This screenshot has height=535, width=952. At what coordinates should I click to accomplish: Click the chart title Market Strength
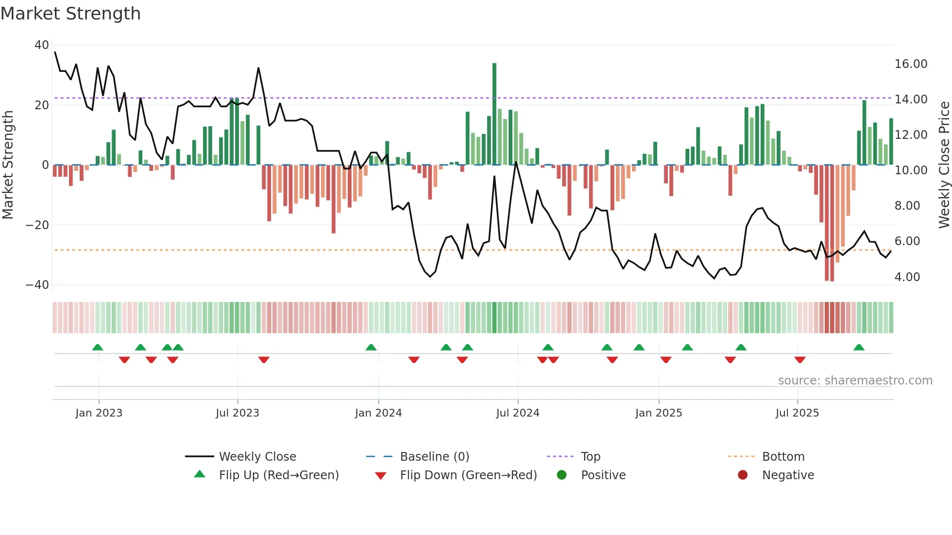pos(70,14)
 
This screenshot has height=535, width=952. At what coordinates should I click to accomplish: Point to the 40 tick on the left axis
pos(42,45)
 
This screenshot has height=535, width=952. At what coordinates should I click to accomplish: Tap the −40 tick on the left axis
pos(37,285)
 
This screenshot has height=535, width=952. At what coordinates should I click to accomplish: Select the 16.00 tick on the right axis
pos(911,64)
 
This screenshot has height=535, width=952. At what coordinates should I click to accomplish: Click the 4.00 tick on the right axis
pos(907,277)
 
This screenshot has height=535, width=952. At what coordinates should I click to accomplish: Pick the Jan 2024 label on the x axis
pos(378,413)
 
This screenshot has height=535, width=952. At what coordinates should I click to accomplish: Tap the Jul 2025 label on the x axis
pos(797,413)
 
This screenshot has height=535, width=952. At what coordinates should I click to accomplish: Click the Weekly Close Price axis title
pos(944,165)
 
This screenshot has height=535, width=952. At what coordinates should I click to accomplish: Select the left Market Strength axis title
pos(8,165)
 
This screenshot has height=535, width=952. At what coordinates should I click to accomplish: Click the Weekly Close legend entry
pos(257,457)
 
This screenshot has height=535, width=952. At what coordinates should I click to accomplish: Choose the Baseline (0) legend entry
pos(434,457)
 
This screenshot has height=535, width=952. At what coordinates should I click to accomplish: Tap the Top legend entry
pos(590,457)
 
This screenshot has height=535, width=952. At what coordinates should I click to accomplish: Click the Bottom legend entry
pos(783,457)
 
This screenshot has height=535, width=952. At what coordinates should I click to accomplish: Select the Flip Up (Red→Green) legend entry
pos(278,475)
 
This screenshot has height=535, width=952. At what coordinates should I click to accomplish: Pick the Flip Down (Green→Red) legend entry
pos(468,475)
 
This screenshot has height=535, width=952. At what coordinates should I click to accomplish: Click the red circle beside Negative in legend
pos(742,475)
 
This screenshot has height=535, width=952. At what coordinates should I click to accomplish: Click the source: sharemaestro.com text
pos(855,381)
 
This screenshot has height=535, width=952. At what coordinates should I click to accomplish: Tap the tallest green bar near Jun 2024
pos(494,114)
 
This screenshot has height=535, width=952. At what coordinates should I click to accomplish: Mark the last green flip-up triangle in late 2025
pos(859,348)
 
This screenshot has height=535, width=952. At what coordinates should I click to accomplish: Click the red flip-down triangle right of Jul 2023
pos(264,360)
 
